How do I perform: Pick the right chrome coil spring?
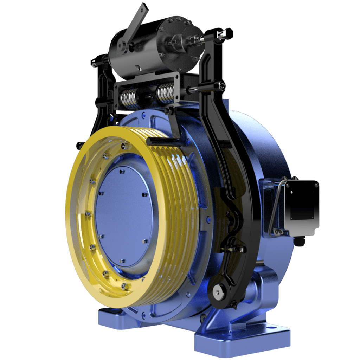[x=165, y=94]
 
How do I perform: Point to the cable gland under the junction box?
[x=299, y=242]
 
